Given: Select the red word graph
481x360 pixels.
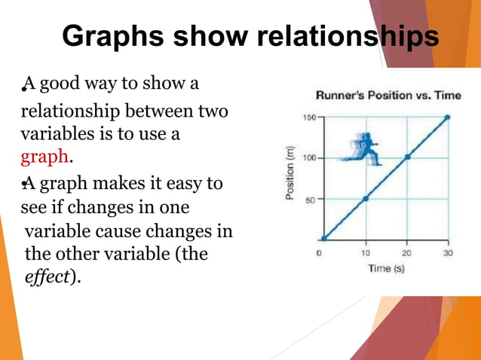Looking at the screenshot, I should [x=44, y=157].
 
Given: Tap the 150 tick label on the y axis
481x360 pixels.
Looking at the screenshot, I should [x=309, y=117].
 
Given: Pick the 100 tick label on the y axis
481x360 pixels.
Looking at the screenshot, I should [x=309, y=158].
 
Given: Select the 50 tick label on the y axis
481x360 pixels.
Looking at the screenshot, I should [x=311, y=199].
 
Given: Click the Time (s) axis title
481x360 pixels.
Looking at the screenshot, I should [x=385, y=267].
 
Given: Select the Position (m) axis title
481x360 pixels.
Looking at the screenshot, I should [x=290, y=175].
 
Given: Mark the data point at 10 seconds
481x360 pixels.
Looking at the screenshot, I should [x=365, y=198].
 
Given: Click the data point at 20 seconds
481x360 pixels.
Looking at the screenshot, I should [x=407, y=157].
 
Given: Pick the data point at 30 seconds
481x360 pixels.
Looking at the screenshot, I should [x=448, y=117].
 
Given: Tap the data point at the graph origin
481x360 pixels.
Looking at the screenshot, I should [x=323, y=239].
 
